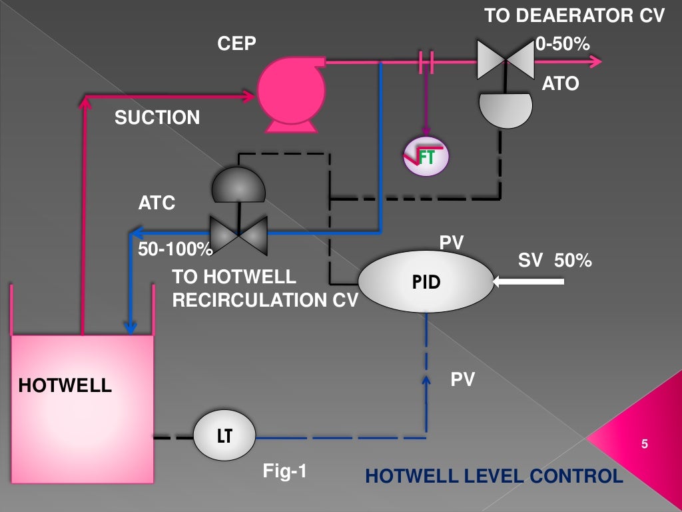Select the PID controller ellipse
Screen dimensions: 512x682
pos(426,282)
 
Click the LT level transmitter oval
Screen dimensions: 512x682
pos(224,436)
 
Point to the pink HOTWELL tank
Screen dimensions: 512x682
pos(83,407)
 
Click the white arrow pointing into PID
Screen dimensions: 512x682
pos(529,283)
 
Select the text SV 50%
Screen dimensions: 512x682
pos(555,261)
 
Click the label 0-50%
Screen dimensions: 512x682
pos(563,44)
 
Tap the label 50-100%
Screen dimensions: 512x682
pos(174,249)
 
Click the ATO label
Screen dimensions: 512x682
pos(560,84)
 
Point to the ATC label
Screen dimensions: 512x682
pos(157,203)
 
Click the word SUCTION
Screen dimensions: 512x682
pos(157,118)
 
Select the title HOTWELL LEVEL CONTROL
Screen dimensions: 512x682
pos(494,476)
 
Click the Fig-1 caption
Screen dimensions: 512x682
pos(285,472)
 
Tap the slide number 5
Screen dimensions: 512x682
pos(644,444)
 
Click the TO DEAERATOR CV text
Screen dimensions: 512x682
pos(574,16)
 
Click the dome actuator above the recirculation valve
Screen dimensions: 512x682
pos(238,185)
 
